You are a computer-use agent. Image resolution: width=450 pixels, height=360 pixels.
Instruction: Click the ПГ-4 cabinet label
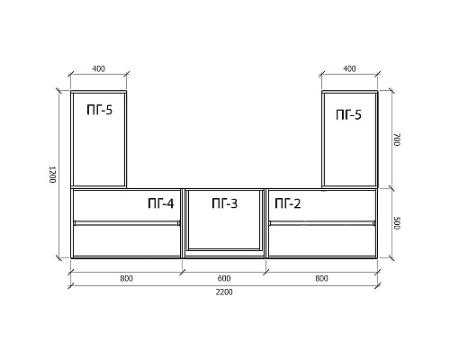[x=161, y=203]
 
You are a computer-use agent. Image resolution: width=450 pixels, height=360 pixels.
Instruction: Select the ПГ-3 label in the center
[x=224, y=203]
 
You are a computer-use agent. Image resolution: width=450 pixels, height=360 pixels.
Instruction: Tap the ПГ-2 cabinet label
[x=288, y=203]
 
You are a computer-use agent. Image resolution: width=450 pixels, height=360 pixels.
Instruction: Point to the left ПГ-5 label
[x=100, y=110]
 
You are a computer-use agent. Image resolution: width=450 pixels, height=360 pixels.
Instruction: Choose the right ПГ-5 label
[x=348, y=114]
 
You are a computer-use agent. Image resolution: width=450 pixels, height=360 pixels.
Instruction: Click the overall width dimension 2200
[x=224, y=292]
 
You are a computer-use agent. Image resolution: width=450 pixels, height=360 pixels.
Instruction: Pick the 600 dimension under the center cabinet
[x=224, y=279]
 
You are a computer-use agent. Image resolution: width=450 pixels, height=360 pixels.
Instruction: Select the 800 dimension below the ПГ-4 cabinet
[x=126, y=279]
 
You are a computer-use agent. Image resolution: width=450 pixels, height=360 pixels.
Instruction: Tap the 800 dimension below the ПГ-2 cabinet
[x=321, y=279]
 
